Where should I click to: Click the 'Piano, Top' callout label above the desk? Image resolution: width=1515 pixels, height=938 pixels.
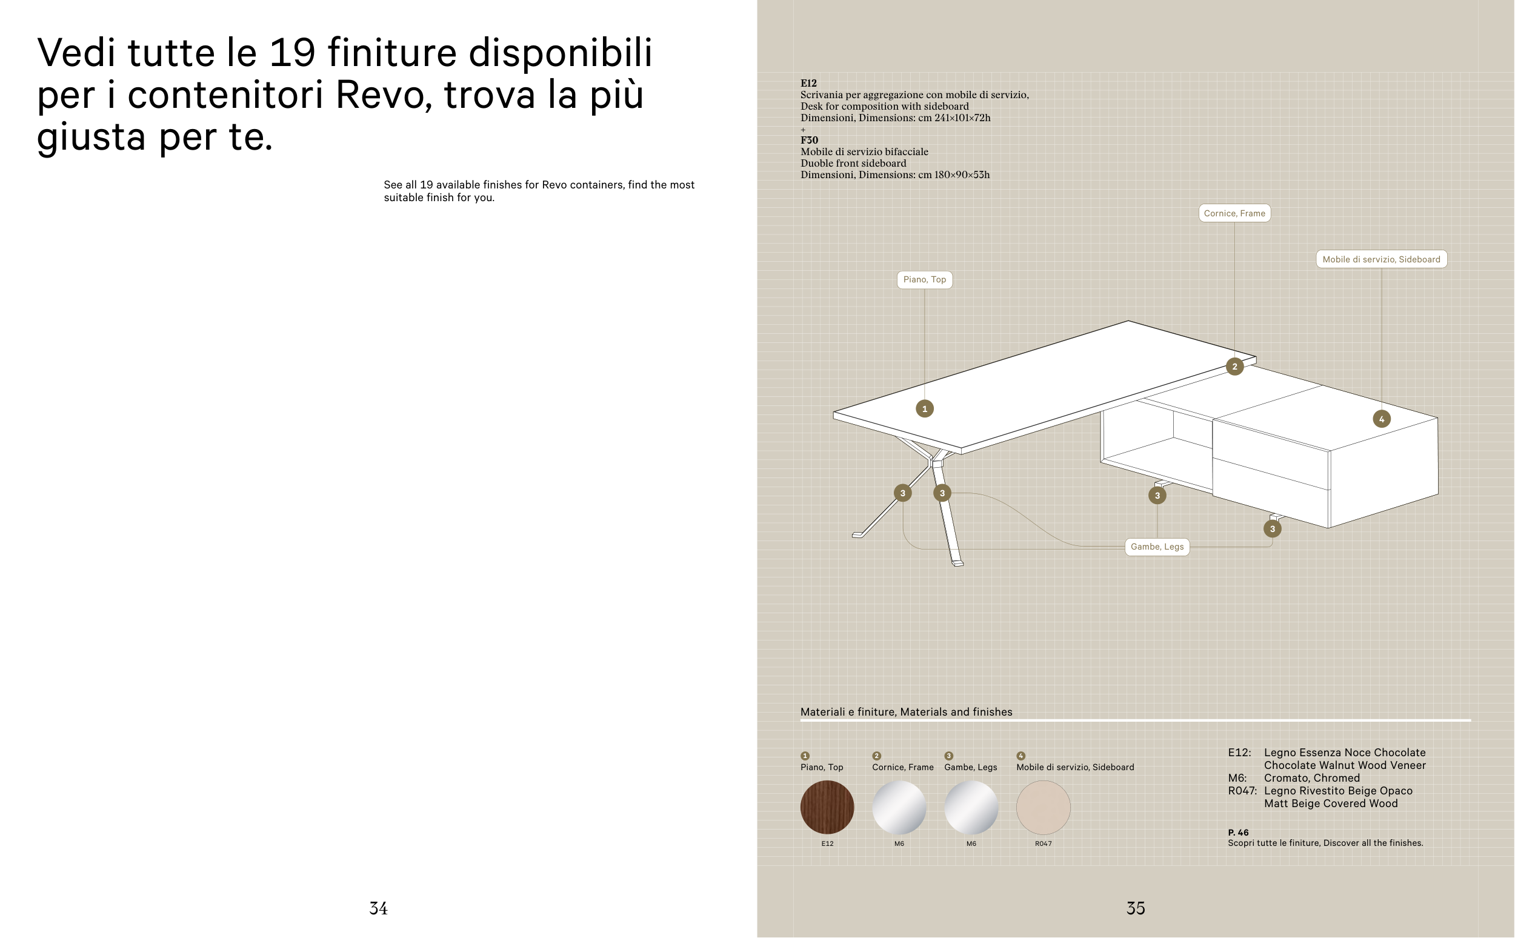click(x=924, y=280)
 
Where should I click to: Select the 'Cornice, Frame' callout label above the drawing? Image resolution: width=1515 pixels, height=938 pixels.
click(x=1234, y=213)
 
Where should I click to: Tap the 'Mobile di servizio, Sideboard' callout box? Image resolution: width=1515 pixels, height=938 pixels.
click(x=1381, y=259)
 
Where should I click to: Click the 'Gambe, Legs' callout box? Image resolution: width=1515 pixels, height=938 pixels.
click(x=1157, y=547)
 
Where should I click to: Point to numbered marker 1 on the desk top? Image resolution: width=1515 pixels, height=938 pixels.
click(x=924, y=409)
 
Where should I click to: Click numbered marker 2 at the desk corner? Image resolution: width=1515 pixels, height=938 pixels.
click(x=1234, y=367)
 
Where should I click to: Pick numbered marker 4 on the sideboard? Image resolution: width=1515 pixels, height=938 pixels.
click(x=1382, y=419)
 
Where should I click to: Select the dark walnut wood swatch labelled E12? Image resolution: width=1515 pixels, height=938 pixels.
click(x=827, y=808)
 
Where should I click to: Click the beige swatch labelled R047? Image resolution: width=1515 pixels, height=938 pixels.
click(x=1044, y=808)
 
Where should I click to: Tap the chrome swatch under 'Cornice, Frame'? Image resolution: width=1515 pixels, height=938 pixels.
click(x=899, y=808)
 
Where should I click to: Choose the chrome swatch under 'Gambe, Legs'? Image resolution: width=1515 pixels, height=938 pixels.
click(x=971, y=808)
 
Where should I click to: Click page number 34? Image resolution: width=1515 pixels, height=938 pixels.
click(x=378, y=909)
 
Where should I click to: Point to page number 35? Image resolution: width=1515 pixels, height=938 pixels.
click(x=1135, y=909)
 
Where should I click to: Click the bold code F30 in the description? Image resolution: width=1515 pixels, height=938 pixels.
click(x=809, y=140)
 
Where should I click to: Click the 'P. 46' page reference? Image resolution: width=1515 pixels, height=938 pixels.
click(x=1237, y=833)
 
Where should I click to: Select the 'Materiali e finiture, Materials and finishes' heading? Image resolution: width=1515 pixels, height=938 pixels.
click(x=906, y=712)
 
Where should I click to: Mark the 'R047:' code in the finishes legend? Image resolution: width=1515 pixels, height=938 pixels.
click(x=1242, y=791)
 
